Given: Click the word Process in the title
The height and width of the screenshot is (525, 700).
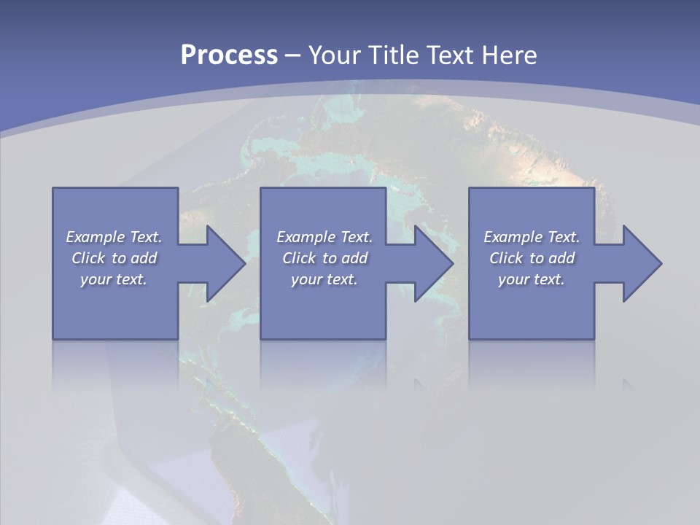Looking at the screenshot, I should point(229,55).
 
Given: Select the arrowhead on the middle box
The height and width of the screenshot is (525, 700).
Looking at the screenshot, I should point(432,263).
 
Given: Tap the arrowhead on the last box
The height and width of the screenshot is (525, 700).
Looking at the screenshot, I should point(640,263).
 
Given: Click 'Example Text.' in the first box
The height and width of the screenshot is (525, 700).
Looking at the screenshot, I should point(114,237).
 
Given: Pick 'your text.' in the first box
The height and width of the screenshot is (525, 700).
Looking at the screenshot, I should point(114,279).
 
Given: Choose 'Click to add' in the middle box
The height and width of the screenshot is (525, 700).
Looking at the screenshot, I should point(324,258).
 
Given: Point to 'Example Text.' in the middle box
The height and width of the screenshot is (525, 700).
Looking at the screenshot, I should point(324,237).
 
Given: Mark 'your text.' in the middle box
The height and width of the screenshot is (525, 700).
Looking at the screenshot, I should point(324,279).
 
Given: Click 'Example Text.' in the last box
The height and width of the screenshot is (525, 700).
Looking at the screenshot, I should point(532,237).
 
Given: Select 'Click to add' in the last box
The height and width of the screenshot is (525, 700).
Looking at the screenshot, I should point(532,258).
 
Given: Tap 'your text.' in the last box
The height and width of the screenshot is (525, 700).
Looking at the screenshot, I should point(532,279).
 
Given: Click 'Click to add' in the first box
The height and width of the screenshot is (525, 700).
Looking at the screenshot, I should point(114,258).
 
